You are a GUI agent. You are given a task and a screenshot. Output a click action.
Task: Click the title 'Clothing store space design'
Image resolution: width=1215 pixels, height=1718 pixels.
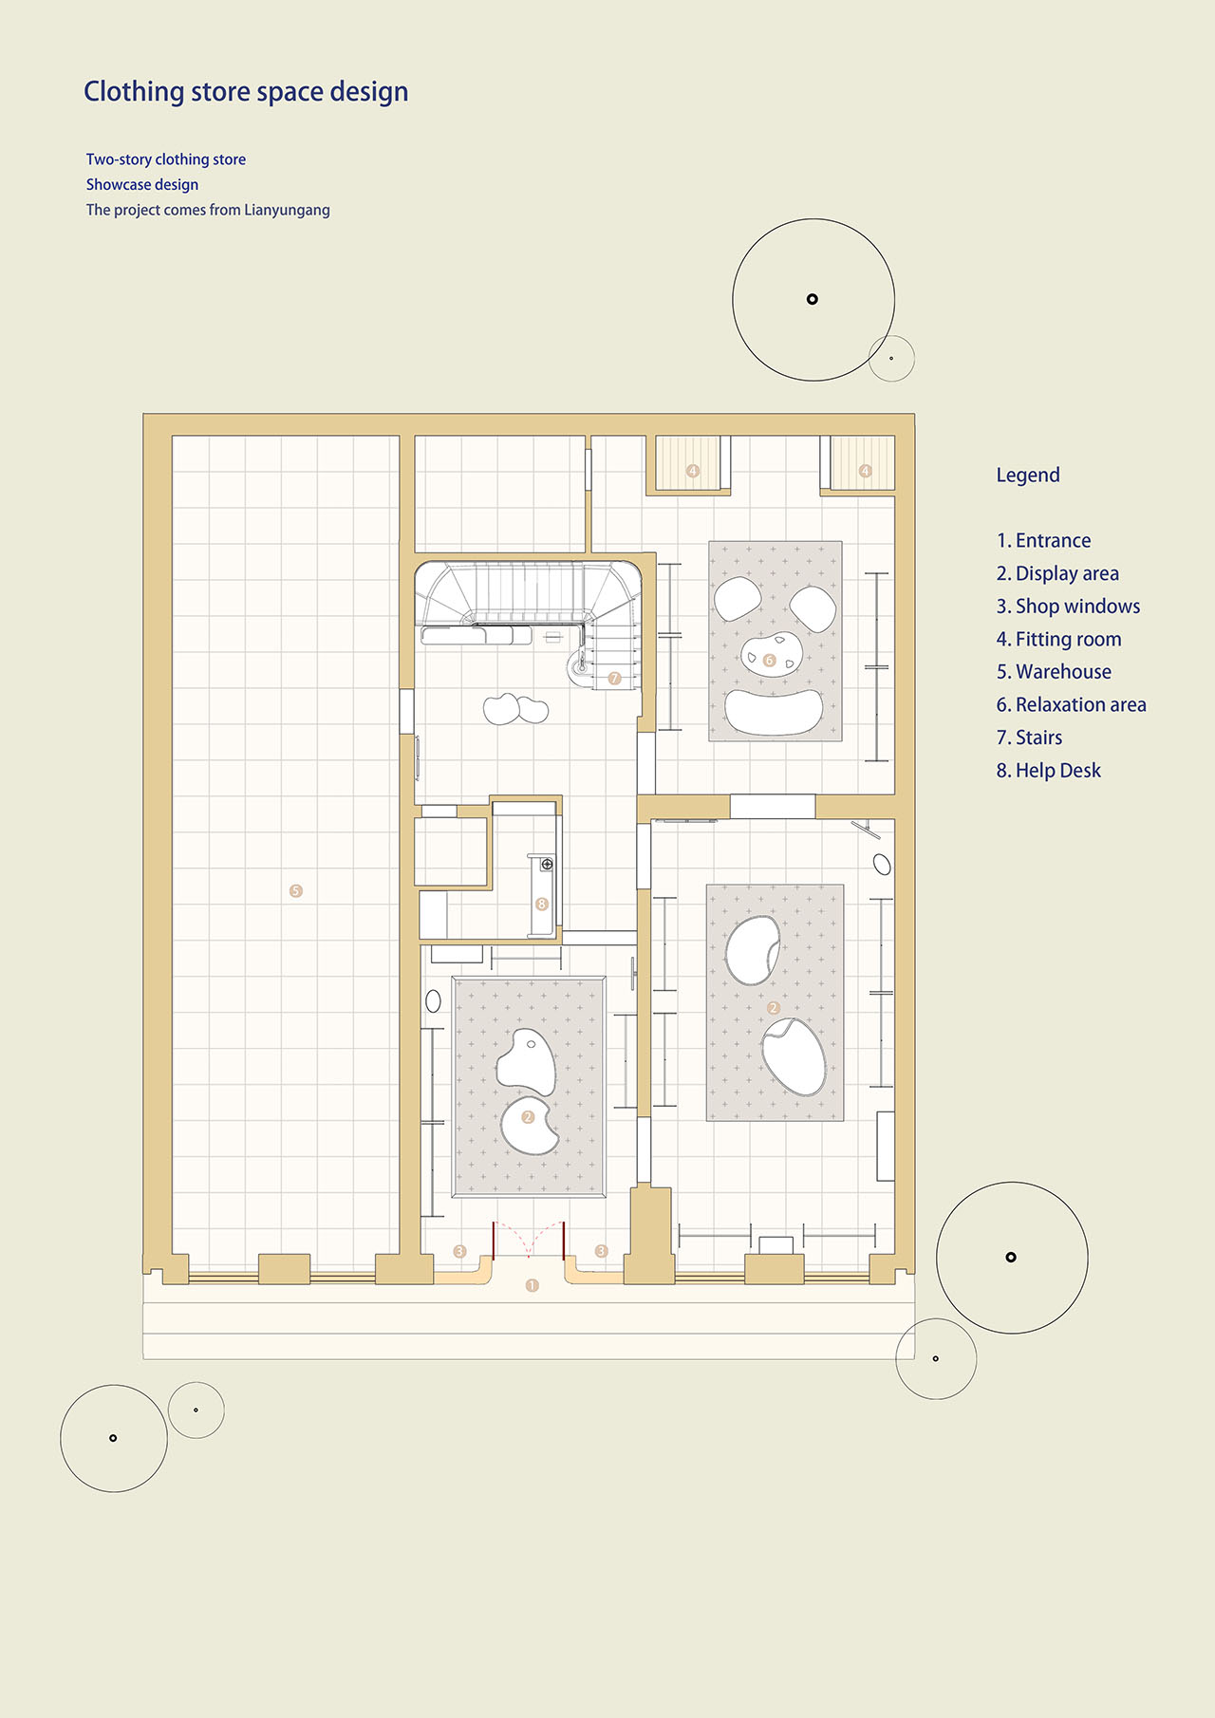click(246, 92)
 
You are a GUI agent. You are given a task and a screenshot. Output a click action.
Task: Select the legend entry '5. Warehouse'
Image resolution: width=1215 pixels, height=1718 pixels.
click(1054, 672)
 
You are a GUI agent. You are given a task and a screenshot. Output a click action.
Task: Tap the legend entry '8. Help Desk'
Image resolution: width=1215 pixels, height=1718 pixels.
click(1048, 771)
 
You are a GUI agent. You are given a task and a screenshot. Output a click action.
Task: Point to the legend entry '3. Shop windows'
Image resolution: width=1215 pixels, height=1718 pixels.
click(1068, 607)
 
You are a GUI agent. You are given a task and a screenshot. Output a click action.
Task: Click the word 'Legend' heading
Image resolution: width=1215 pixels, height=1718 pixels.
click(1028, 476)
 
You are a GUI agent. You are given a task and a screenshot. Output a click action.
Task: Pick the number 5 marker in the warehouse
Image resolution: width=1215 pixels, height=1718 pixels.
click(296, 891)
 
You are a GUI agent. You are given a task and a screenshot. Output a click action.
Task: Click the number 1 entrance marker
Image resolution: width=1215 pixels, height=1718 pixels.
click(532, 1286)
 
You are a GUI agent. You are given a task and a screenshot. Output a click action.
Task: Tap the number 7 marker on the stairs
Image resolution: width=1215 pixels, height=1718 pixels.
click(614, 679)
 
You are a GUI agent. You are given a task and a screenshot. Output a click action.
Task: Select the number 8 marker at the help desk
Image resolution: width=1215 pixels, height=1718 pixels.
click(542, 905)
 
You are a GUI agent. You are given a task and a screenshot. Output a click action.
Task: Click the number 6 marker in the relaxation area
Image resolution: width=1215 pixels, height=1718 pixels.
click(770, 661)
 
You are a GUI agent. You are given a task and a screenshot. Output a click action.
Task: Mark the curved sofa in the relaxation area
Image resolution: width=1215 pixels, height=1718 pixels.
click(774, 712)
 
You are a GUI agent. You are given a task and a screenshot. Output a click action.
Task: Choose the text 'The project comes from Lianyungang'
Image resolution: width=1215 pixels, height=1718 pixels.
click(208, 210)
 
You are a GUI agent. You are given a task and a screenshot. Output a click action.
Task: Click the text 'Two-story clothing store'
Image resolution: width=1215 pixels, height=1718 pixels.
click(166, 159)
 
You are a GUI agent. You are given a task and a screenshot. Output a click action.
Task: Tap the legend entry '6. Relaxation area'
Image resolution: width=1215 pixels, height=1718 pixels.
click(1071, 705)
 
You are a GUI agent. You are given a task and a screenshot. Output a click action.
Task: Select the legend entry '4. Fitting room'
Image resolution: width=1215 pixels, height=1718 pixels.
click(1058, 640)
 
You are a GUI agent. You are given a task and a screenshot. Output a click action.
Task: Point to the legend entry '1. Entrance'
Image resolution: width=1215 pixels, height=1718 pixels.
click(1043, 541)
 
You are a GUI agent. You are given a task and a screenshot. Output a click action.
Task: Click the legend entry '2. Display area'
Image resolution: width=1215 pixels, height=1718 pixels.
click(1057, 573)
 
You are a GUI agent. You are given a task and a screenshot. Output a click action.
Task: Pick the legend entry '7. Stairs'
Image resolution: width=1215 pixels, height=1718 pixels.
click(1029, 738)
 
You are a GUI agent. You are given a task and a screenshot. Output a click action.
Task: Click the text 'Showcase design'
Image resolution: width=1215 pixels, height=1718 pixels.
click(142, 185)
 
